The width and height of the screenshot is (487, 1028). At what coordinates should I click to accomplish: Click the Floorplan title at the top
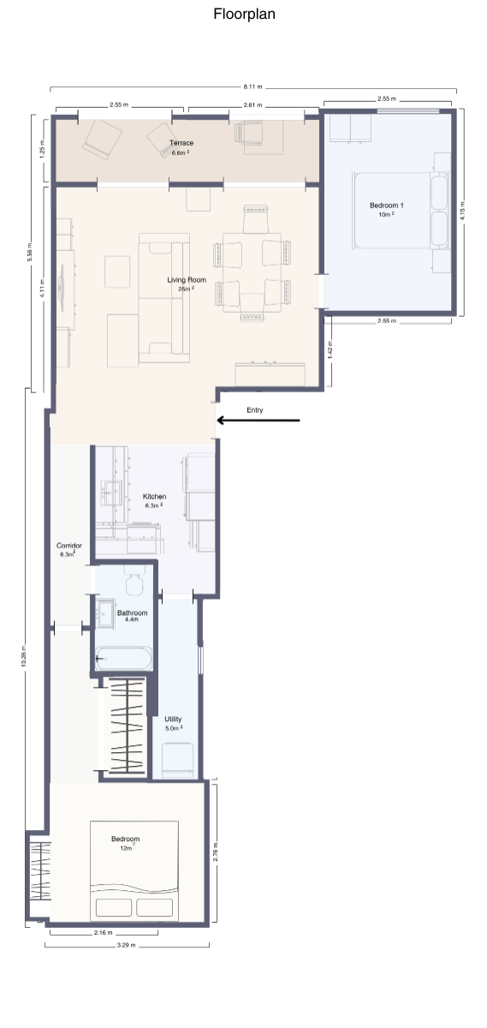(x=244, y=15)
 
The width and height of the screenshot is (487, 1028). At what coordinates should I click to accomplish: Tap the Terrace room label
(x=181, y=143)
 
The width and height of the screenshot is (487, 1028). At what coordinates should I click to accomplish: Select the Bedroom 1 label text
(x=387, y=206)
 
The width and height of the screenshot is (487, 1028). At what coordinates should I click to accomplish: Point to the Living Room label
(x=186, y=280)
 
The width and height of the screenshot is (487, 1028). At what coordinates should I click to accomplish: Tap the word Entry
(x=254, y=410)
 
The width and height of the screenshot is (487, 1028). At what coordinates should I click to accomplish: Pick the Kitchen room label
(x=154, y=497)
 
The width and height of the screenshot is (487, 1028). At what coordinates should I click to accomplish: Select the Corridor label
(x=68, y=546)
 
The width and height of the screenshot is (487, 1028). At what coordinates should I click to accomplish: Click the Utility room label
(x=173, y=720)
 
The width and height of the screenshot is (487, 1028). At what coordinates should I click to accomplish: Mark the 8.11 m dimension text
(x=252, y=87)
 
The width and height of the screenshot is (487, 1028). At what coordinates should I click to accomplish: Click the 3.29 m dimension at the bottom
(x=126, y=946)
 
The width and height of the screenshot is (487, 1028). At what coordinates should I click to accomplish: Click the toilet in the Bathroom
(x=136, y=583)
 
